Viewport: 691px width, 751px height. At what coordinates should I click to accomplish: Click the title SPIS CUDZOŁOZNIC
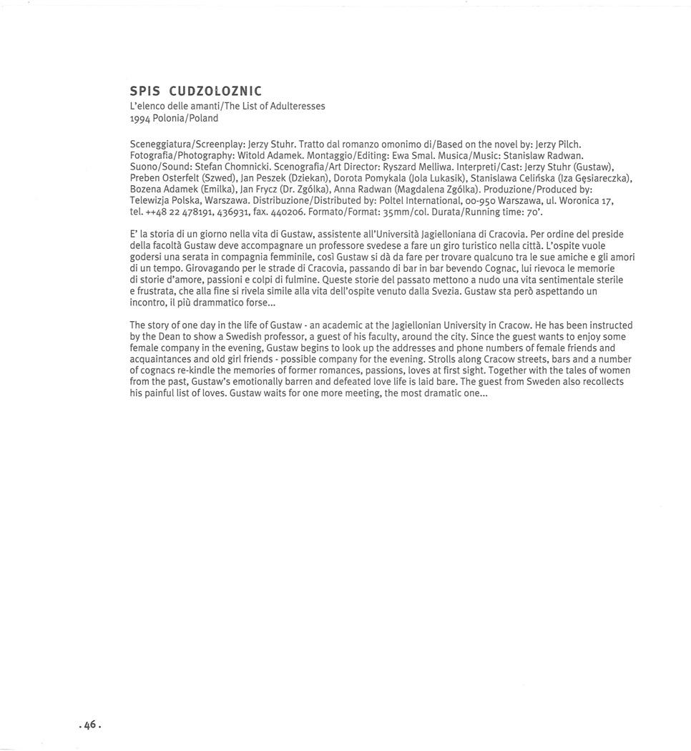click(x=195, y=91)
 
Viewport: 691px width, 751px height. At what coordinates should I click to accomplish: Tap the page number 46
click(x=90, y=725)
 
